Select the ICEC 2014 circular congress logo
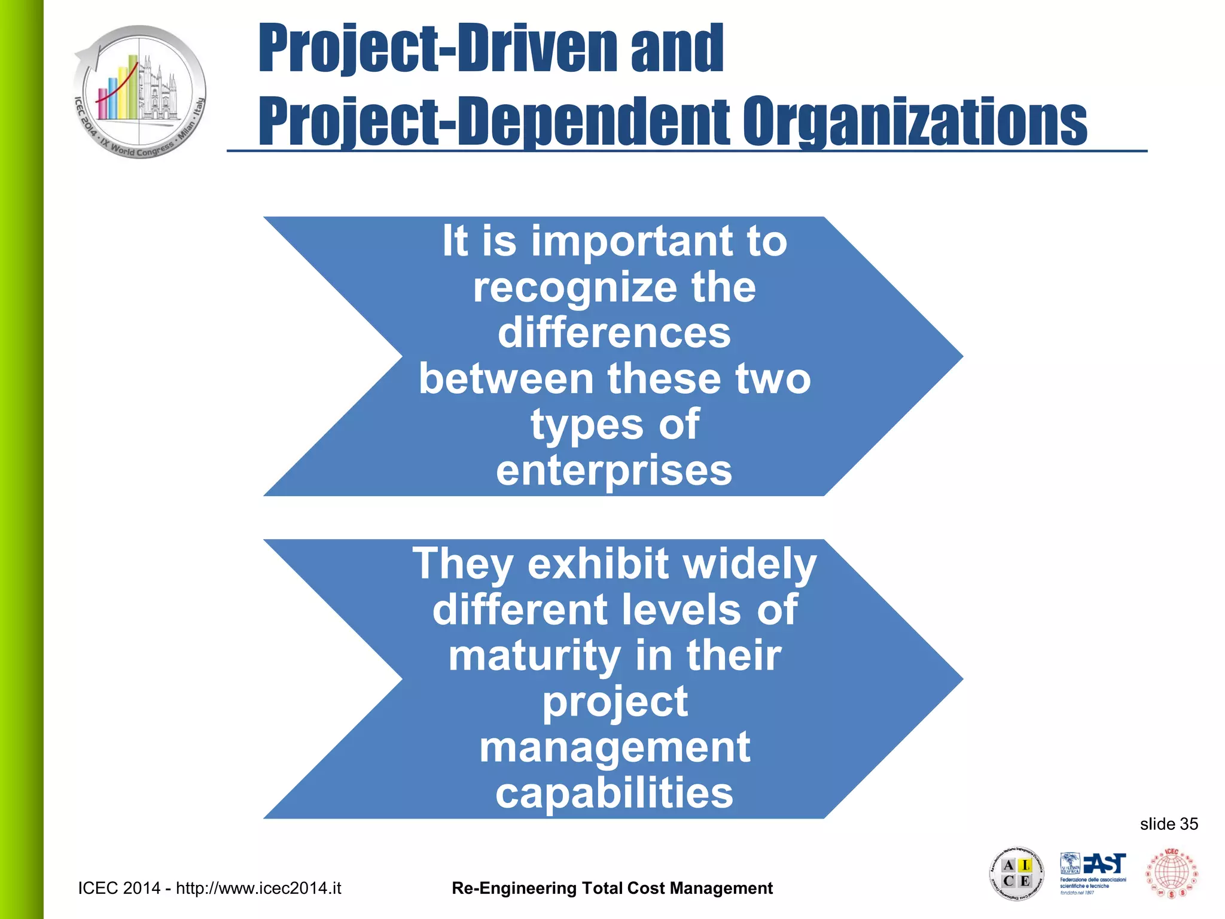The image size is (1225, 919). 140,92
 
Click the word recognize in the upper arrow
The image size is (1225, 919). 572,288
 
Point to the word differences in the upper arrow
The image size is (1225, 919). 614,333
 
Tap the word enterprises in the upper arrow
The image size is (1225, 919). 614,471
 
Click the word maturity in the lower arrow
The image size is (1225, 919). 534,656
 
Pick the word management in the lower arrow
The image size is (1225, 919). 614,748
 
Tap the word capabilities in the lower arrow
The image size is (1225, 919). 614,793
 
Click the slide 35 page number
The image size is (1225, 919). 1168,824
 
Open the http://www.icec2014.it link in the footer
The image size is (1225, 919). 258,888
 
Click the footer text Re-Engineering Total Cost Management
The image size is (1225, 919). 612,888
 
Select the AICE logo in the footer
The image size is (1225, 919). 1016,874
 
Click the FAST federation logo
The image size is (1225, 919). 1093,873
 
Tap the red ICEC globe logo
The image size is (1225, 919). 1172,873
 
